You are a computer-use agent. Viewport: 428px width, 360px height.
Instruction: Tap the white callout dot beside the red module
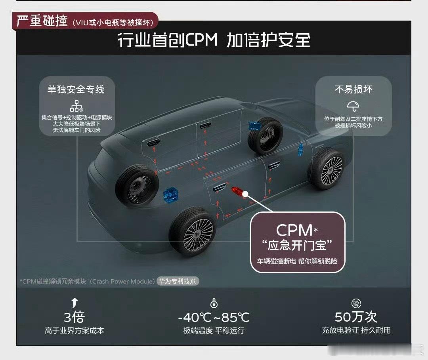[x=246, y=194]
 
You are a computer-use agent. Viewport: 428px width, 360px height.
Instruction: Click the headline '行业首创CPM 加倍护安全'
[x=214, y=40]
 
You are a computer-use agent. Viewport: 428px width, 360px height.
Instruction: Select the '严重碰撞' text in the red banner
[x=42, y=21]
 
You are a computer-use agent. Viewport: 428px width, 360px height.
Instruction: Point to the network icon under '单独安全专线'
[x=76, y=106]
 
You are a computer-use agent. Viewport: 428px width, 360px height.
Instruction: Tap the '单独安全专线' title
[x=76, y=90]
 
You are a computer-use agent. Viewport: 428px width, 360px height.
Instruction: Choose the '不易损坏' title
[x=353, y=89]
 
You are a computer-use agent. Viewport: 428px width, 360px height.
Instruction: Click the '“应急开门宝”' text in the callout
[x=297, y=246]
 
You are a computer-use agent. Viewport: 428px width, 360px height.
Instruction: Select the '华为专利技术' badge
[x=178, y=281]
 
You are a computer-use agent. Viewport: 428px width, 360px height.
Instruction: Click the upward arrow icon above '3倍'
[x=75, y=303]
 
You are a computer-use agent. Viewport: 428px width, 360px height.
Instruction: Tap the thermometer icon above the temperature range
[x=214, y=304]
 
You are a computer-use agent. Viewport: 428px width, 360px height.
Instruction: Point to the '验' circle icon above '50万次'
[x=356, y=304]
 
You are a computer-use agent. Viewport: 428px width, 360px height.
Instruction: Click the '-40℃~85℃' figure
[x=214, y=317]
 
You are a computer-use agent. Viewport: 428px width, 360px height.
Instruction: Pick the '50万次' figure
[x=356, y=317]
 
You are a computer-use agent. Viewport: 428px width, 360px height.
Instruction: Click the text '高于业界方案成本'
[x=75, y=330]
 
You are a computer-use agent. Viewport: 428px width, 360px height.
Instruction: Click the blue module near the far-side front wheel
[x=254, y=126]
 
